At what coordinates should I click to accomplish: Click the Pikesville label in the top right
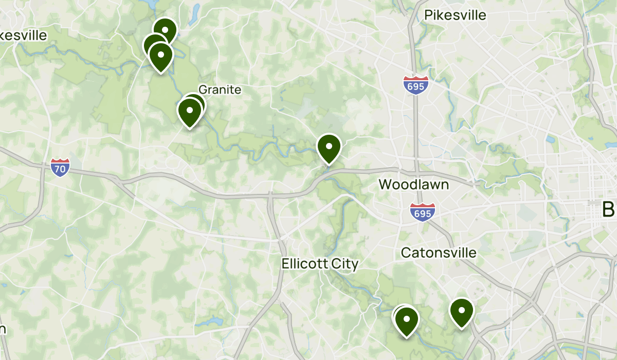coord(455,15)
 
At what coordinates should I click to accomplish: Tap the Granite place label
coord(220,89)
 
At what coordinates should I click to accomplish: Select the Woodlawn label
coord(413,184)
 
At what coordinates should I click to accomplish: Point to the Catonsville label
coord(438,253)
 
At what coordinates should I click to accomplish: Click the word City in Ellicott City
coord(346,264)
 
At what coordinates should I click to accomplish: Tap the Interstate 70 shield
coord(61,168)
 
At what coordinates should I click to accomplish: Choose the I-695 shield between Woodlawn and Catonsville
coord(423,212)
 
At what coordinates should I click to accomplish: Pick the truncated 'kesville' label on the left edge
coord(23,35)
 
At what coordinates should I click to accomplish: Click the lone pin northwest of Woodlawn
coord(329,147)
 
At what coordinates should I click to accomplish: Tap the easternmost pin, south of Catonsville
coord(462,312)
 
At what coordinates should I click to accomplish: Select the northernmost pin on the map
coord(165,31)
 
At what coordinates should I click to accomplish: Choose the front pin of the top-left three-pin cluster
coord(161,56)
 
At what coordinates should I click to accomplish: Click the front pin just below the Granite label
coord(189,111)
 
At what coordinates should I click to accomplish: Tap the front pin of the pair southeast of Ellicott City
coord(407,320)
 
